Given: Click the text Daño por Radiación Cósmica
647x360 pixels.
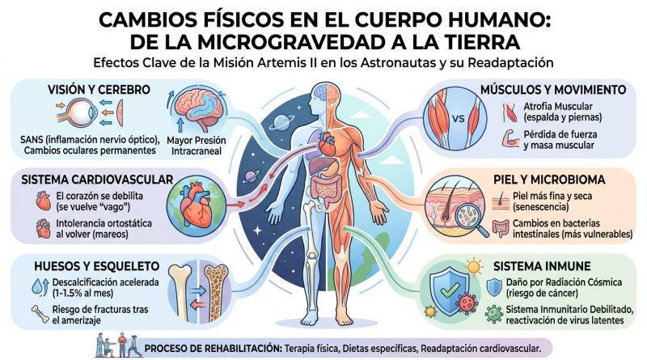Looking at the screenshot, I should point(569,282).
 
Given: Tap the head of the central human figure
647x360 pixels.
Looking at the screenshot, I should point(323,92).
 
